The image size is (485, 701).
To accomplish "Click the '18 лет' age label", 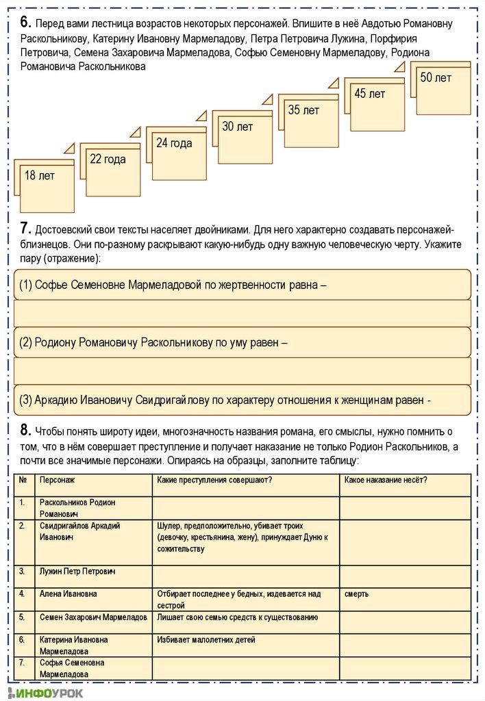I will pyautogui.click(x=40, y=176).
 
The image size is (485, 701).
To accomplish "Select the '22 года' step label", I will pyautogui.click(x=108, y=160).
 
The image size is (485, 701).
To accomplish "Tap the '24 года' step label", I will pyautogui.click(x=174, y=143).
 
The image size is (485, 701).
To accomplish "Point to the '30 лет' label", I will pyautogui.click(x=238, y=127).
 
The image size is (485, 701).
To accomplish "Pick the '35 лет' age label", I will pyautogui.click(x=303, y=110).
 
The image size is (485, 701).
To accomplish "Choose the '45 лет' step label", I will pyautogui.click(x=370, y=94).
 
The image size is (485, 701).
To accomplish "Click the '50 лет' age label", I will pyautogui.click(x=436, y=78).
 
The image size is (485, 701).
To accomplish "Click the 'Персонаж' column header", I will pyautogui.click(x=57, y=480).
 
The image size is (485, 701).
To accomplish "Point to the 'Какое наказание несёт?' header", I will pyautogui.click(x=386, y=480).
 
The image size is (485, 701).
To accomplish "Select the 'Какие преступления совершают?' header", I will pyautogui.click(x=214, y=480).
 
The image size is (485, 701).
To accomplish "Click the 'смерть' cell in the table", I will pyautogui.click(x=357, y=594).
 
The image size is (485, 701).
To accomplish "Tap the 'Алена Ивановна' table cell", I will pyautogui.click(x=69, y=594).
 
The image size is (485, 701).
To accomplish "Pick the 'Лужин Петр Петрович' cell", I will pyautogui.click(x=77, y=571).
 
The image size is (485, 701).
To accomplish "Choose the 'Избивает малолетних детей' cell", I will pyautogui.click(x=206, y=640).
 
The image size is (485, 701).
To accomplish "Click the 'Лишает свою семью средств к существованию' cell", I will pyautogui.click(x=237, y=617).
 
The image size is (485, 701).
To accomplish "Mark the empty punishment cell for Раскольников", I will pyautogui.click(x=405, y=508).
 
